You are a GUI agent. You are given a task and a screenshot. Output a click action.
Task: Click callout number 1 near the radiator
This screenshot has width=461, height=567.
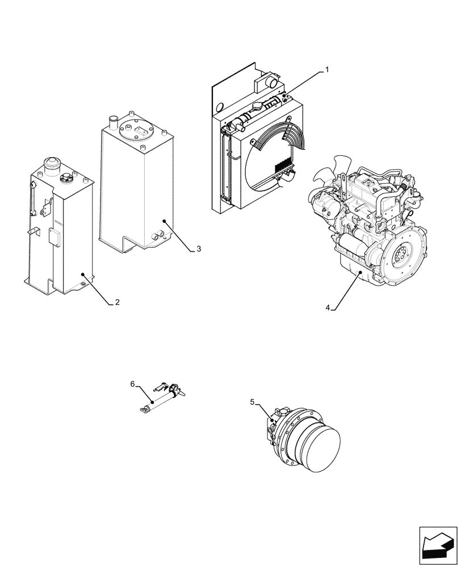pyautogui.click(x=326, y=70)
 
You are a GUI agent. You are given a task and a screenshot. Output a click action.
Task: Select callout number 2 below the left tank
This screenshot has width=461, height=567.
pyautogui.click(x=117, y=302)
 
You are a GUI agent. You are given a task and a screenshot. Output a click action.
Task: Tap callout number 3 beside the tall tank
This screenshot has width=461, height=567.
pyautogui.click(x=199, y=248)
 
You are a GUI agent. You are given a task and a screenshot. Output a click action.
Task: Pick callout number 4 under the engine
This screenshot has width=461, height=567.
pyautogui.click(x=328, y=307)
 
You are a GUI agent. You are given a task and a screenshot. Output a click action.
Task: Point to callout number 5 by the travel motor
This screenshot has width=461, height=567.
pyautogui.click(x=252, y=402)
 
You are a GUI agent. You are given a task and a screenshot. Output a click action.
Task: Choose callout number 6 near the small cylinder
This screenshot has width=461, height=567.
pyautogui.click(x=133, y=384)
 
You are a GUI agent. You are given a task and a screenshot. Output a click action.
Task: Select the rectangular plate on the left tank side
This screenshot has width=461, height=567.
pyautogui.click(x=56, y=236)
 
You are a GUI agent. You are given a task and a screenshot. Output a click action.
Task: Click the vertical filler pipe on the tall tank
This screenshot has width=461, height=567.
pyautogui.click(x=112, y=122)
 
